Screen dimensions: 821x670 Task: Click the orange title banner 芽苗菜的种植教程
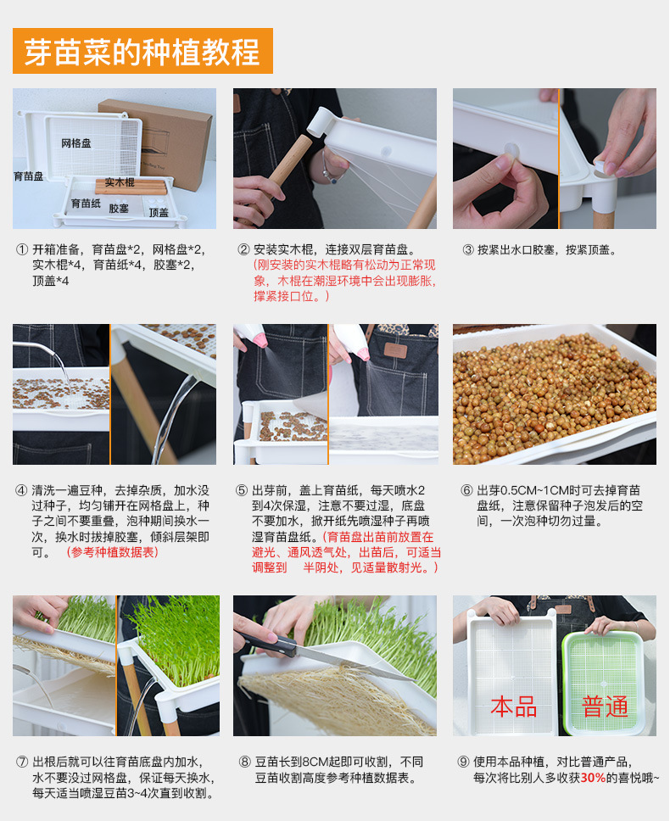coord(142,52)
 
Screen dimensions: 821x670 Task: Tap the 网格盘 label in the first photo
coord(76,143)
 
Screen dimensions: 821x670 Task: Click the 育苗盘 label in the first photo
coord(28,176)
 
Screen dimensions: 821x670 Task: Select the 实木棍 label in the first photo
coord(120,182)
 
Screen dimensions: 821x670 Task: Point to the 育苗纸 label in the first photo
coord(86,204)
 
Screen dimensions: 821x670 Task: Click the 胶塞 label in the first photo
coord(119,209)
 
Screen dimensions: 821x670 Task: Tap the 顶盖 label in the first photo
coord(159,213)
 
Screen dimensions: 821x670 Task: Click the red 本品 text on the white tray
coord(514,706)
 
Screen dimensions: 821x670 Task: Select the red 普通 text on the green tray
coord(605,706)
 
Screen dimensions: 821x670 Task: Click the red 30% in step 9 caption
coord(593,777)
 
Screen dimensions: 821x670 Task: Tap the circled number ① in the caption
coord(22,250)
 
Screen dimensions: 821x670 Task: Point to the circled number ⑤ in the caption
coord(242,491)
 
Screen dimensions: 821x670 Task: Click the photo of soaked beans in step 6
coord(554,394)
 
